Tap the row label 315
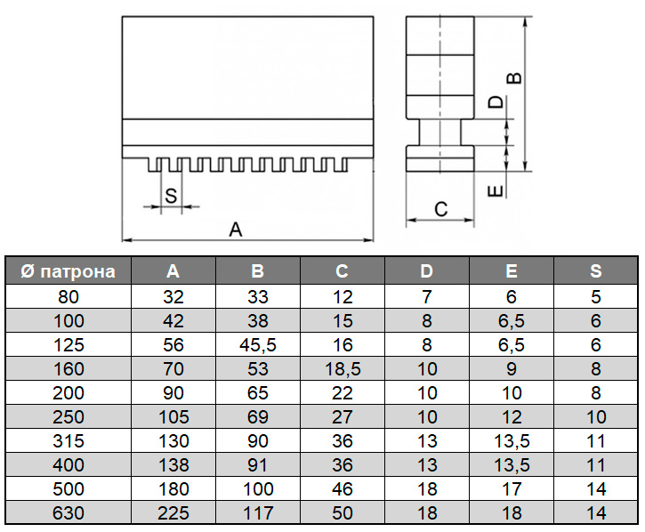tap(67, 441)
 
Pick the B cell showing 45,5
tap(258, 345)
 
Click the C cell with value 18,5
tap(343, 369)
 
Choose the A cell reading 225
tap(173, 513)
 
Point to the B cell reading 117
tap(258, 513)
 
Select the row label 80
tap(67, 297)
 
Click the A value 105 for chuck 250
tap(173, 417)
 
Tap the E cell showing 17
tap(511, 489)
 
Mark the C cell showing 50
tap(343, 513)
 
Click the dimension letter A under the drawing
tap(236, 230)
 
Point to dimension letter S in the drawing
tap(170, 197)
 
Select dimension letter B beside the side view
tap(513, 78)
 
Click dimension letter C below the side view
tap(439, 210)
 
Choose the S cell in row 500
tap(595, 489)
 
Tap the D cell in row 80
tap(426, 297)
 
